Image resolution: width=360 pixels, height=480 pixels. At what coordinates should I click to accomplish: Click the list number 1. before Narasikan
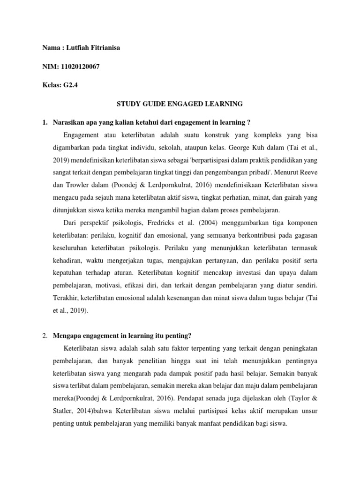[45, 123]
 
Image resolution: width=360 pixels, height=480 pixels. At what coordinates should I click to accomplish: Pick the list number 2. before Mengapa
[45, 336]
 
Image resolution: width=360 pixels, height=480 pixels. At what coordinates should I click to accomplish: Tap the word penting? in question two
[178, 336]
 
